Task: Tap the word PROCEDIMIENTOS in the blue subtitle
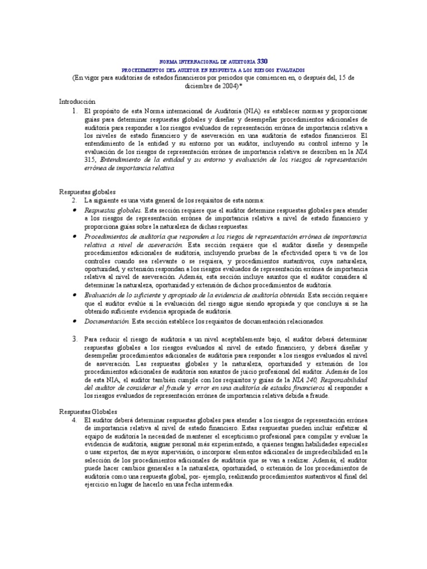pyautogui.click(x=145, y=69)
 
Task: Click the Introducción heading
pyautogui.click(x=77, y=102)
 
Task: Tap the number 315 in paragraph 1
pyautogui.click(x=90, y=159)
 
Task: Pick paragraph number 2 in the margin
pyautogui.click(x=75, y=199)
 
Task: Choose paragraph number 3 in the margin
pyautogui.click(x=75, y=338)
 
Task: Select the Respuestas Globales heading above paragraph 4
pyautogui.click(x=88, y=412)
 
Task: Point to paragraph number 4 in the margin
pyautogui.click(x=75, y=420)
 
